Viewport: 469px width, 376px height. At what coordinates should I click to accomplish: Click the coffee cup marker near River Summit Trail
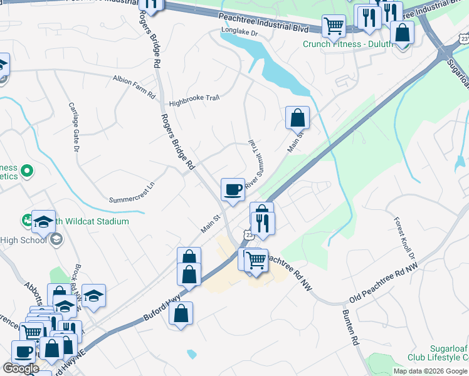click(x=233, y=189)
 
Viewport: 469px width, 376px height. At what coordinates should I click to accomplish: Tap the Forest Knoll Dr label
click(x=404, y=239)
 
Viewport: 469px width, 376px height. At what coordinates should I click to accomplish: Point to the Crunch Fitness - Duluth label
click(x=347, y=44)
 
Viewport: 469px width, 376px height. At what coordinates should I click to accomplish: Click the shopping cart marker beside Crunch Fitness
click(x=334, y=26)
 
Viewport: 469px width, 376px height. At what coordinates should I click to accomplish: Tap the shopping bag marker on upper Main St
click(x=297, y=118)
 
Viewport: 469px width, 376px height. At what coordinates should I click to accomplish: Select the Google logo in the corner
click(x=21, y=368)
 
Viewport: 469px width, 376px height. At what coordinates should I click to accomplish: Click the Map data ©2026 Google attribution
click(x=431, y=371)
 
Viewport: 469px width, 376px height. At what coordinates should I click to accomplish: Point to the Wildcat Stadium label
click(x=91, y=221)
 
